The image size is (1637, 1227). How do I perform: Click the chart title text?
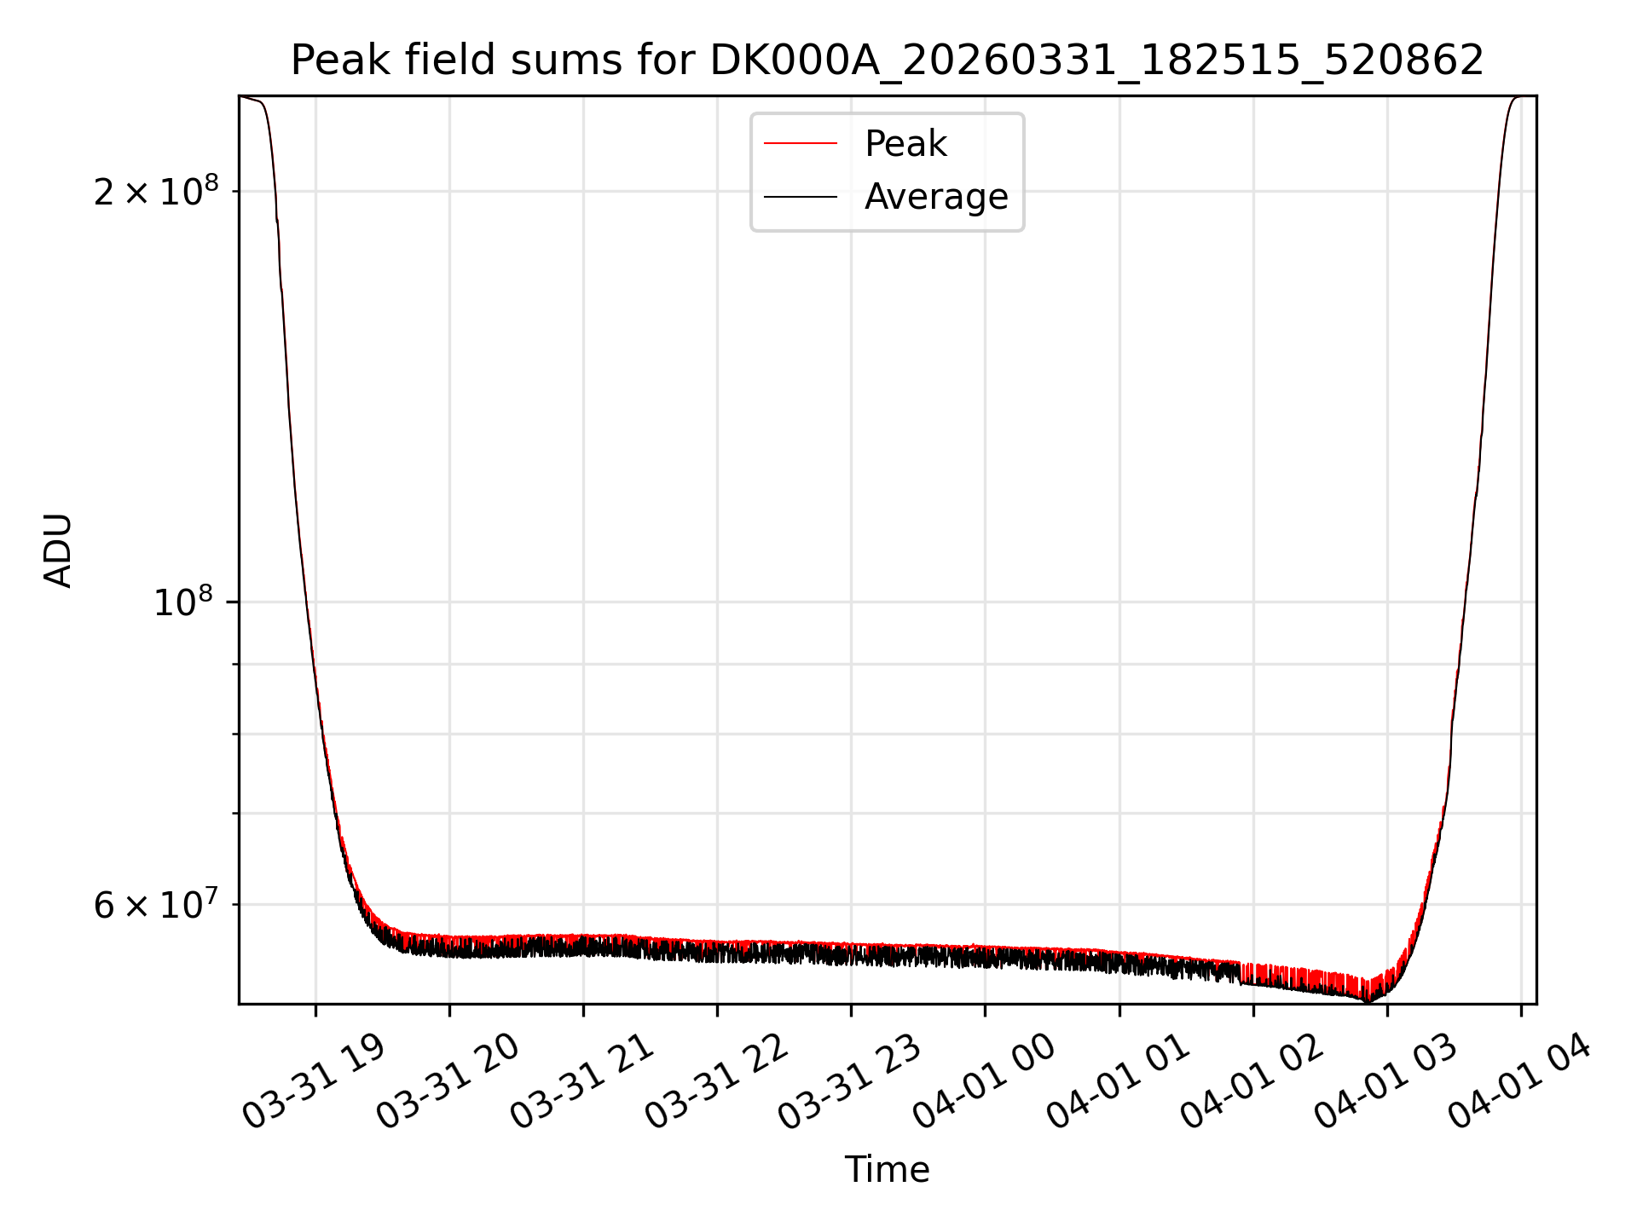pyautogui.click(x=888, y=60)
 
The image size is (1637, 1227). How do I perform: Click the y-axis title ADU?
pyautogui.click(x=58, y=550)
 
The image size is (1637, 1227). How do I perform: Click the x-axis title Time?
pyautogui.click(x=887, y=1169)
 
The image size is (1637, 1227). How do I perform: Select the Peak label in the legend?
pyautogui.click(x=905, y=143)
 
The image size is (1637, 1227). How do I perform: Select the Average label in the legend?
pyautogui.click(x=936, y=196)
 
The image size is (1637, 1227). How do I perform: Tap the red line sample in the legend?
pyautogui.click(x=801, y=143)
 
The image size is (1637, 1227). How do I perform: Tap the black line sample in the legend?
pyautogui.click(x=801, y=197)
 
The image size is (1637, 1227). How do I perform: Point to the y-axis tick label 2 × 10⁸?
pyautogui.click(x=156, y=191)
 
